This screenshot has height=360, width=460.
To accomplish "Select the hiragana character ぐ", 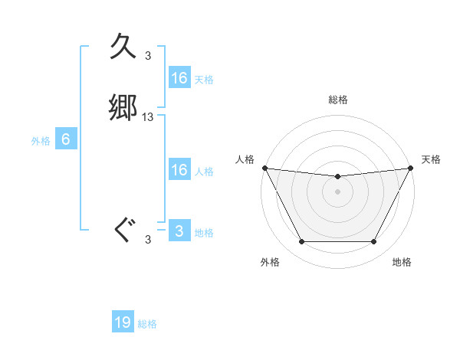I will (x=123, y=230).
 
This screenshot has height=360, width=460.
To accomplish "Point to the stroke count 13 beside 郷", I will (x=148, y=117).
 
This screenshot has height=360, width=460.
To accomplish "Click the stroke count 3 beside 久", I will (x=148, y=55).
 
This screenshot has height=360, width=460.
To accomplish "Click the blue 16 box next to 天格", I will (x=179, y=78).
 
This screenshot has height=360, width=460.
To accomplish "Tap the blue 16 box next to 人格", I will (x=179, y=170).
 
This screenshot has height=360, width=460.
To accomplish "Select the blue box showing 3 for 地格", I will (x=179, y=231).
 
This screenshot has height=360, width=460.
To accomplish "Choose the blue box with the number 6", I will (x=66, y=139).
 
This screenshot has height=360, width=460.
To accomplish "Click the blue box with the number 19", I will (x=123, y=322).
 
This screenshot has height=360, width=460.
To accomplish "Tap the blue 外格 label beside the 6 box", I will (x=41, y=141).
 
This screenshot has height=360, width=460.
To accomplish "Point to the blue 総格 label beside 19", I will (x=147, y=324).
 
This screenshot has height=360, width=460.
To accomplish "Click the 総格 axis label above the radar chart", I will (x=338, y=100).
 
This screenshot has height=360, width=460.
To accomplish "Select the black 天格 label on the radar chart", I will (x=432, y=159).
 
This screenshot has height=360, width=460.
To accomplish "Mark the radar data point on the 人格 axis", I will (x=264, y=168).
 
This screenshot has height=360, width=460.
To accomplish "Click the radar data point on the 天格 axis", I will (x=411, y=168).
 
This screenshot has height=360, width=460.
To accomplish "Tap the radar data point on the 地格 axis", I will (x=374, y=242).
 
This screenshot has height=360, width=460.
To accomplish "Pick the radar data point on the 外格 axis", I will (x=301, y=242).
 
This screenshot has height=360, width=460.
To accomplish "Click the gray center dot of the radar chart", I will (x=338, y=191).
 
